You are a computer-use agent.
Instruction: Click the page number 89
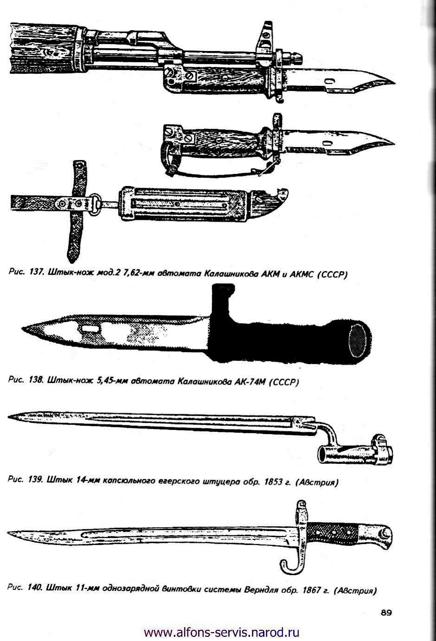point(386,613)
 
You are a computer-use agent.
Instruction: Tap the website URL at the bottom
point(222,632)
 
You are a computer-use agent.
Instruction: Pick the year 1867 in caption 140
point(312,590)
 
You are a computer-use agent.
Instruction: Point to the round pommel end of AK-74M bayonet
point(359,341)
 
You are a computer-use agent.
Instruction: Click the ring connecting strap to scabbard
point(96,205)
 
